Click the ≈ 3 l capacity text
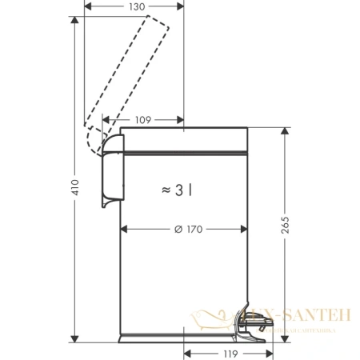click(178, 190)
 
